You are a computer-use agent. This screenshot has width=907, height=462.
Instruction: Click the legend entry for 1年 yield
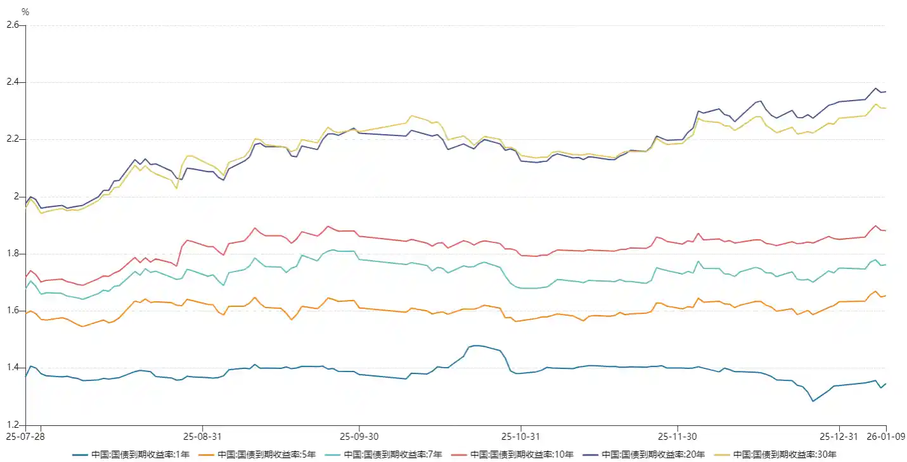131,454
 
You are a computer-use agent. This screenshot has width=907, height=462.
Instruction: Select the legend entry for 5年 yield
257,454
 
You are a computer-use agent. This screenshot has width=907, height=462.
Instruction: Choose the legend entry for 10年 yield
513,454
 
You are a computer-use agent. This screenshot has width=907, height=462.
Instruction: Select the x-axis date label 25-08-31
202,437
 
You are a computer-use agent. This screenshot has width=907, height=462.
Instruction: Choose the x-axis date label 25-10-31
520,437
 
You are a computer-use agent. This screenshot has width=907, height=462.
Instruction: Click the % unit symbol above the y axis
25,12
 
